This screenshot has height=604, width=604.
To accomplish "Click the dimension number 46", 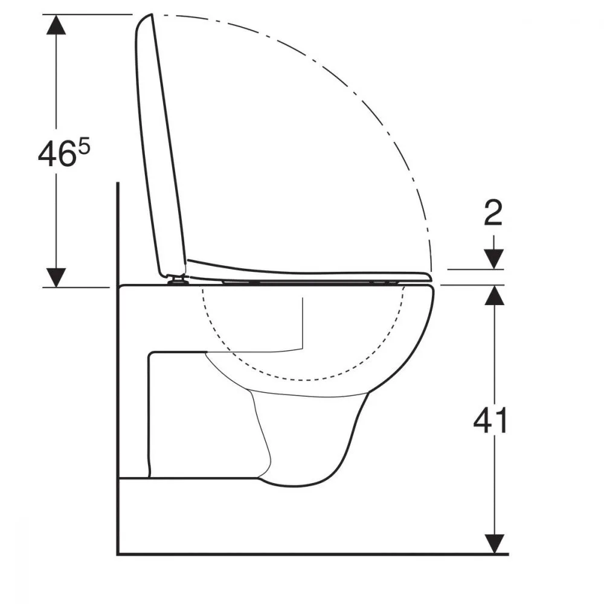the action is point(56,154).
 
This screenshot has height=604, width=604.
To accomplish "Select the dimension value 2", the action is point(493,213).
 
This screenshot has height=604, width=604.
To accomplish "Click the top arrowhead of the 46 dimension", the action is point(56,24).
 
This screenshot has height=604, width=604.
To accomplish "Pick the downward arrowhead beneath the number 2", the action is point(494,259).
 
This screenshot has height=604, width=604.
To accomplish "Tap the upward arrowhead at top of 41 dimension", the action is point(494,295).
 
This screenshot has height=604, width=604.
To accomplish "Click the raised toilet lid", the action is point(160,146).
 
